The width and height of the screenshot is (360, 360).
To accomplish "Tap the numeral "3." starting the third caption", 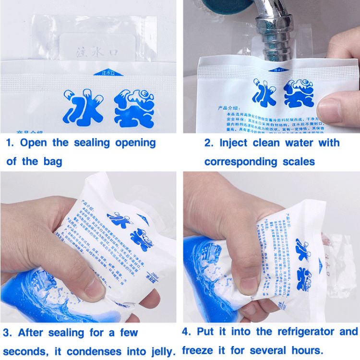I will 9,332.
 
